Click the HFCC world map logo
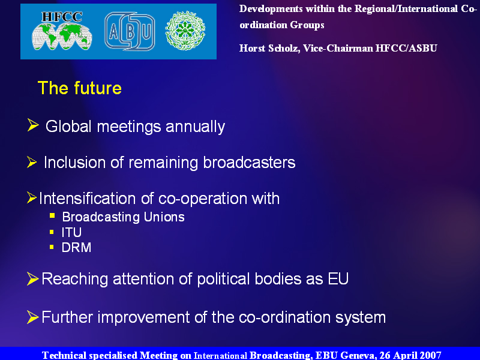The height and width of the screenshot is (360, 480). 62,31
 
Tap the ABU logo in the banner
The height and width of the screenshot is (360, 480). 130,31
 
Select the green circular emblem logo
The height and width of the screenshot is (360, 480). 185,31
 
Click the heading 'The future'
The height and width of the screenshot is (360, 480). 80,88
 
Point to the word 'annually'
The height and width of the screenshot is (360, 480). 196,127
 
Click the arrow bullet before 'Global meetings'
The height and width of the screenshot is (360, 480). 33,125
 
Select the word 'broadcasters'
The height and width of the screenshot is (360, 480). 249,162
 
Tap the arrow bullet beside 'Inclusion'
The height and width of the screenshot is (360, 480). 32,162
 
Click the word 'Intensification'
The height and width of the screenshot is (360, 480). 87,199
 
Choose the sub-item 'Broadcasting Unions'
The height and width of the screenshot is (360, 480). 124,217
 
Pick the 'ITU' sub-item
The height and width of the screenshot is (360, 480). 71,232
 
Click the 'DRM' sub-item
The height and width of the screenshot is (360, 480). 77,247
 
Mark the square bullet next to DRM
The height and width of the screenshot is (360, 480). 52,247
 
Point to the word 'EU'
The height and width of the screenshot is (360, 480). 338,279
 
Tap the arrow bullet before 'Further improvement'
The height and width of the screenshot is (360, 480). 33,317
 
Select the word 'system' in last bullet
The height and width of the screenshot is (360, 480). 361,317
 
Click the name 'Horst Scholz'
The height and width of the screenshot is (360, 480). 269,49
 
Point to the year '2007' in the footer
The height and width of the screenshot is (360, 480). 430,355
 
